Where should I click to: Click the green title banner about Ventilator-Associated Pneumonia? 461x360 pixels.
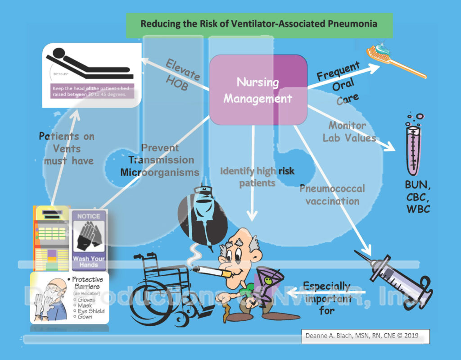(x=259, y=24)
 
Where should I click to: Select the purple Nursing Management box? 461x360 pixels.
(x=258, y=90)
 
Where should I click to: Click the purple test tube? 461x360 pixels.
(x=412, y=149)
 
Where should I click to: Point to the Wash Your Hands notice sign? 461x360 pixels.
(x=89, y=239)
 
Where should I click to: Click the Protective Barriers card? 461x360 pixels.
(x=70, y=297)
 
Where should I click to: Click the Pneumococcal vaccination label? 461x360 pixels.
(x=332, y=195)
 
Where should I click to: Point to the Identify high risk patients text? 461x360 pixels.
(x=253, y=177)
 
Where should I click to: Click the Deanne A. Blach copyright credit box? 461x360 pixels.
(x=365, y=336)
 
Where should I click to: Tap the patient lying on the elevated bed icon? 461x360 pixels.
(x=90, y=63)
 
